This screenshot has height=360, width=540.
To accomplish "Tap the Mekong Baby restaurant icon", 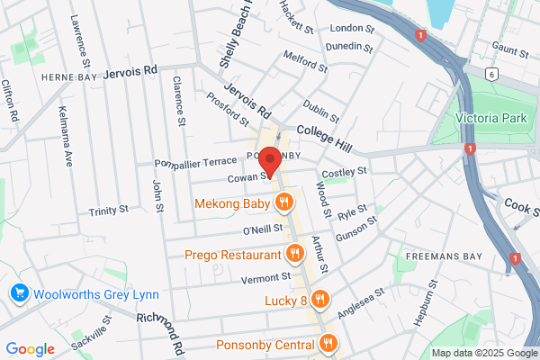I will (283, 202).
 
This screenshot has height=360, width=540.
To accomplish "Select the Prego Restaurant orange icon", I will (292, 253).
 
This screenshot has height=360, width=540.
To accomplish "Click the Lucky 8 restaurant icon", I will (321, 299).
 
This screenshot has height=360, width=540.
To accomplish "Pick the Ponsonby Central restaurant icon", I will (328, 343).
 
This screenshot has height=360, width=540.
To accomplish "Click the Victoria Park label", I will (490, 118).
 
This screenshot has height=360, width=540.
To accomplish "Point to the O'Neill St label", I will (263, 230).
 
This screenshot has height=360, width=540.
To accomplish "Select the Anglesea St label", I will (361, 302).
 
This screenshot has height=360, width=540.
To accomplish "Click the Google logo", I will (30, 349).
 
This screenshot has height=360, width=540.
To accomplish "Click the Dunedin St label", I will (351, 46).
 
